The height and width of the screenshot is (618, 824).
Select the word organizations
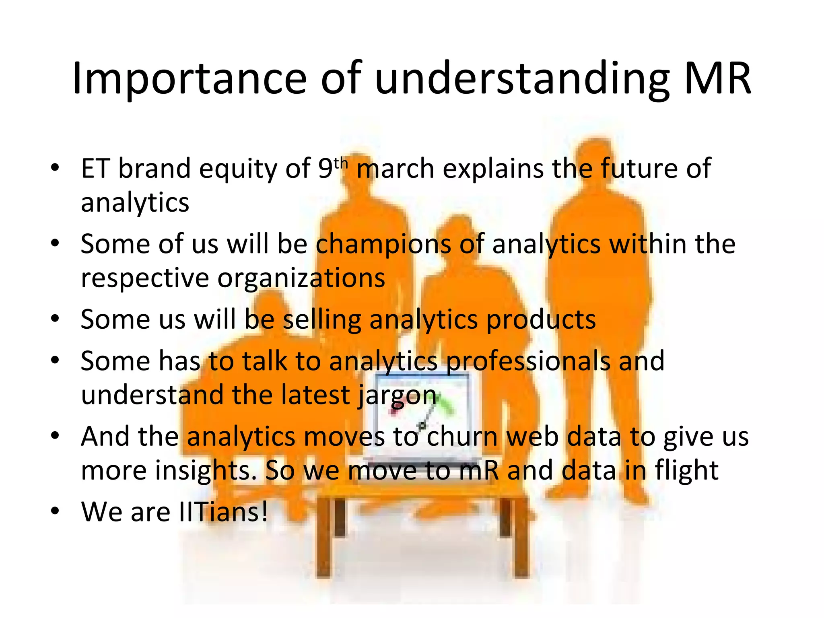[301, 278]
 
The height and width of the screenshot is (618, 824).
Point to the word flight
[686, 470]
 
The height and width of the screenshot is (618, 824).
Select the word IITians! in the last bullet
[223, 512]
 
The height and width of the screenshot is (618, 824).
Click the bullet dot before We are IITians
[55, 511]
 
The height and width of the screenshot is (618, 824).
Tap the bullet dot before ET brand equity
[55, 167]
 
